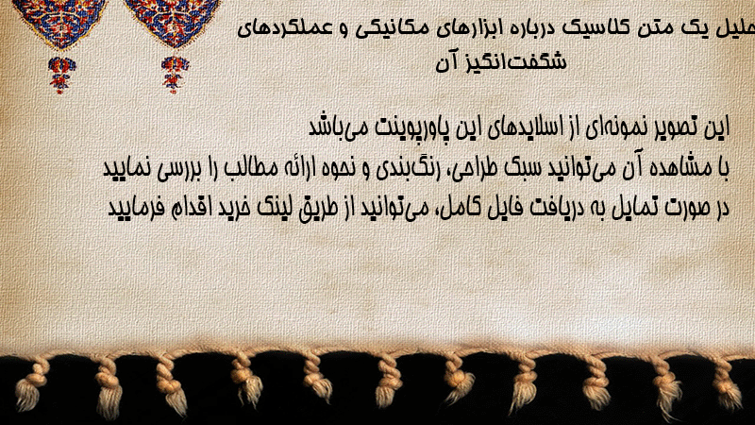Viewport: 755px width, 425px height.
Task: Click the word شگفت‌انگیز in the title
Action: pos(520,62)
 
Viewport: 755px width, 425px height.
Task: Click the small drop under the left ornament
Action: pos(61,75)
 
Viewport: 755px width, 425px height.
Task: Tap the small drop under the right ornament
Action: pos(175,75)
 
